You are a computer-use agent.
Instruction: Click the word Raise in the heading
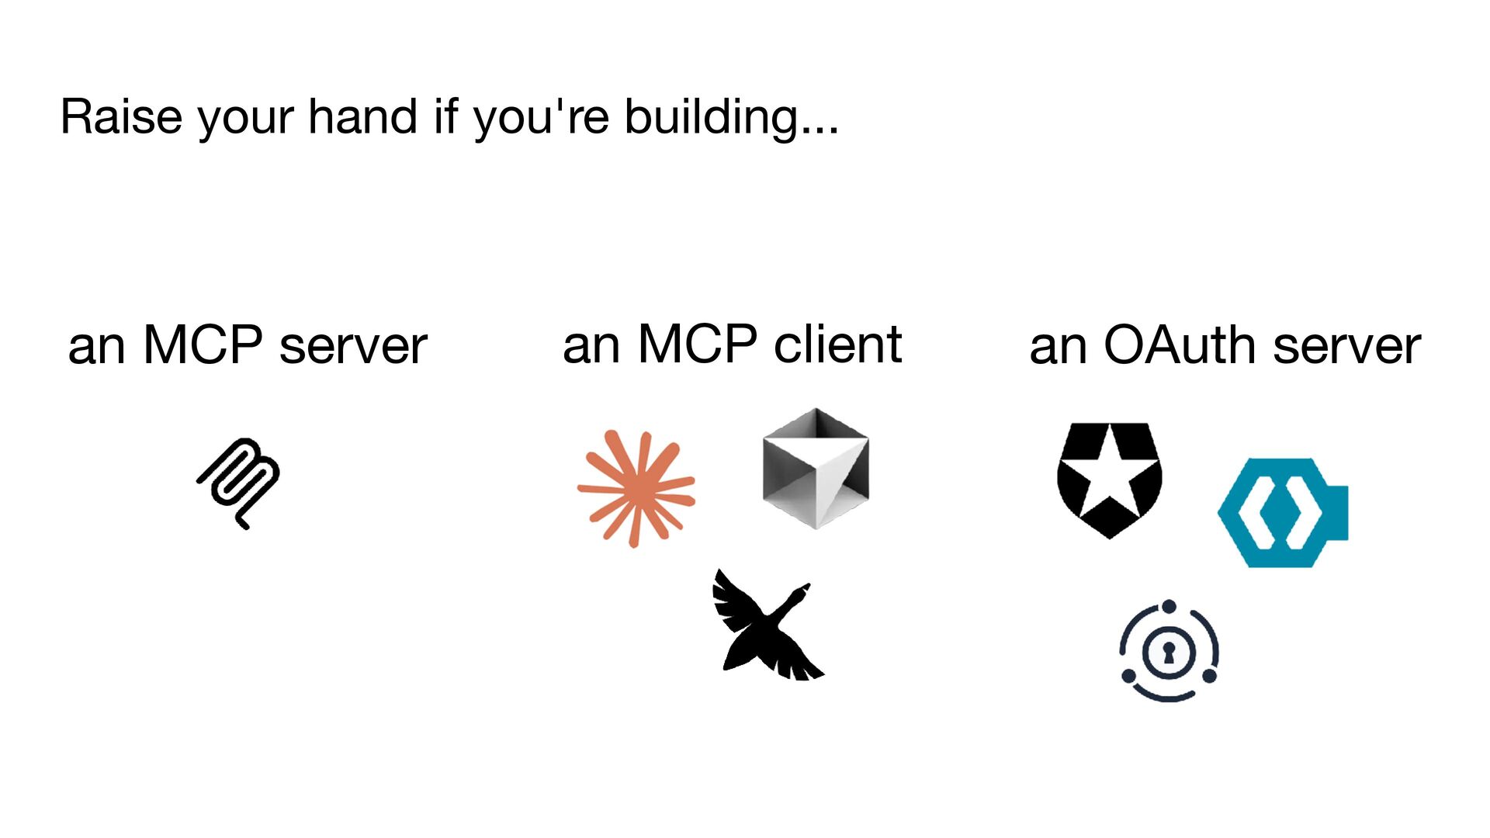pos(121,117)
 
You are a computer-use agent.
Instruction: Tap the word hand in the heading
pos(362,117)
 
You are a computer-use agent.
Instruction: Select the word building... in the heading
pos(731,117)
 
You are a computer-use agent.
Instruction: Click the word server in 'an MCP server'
pos(352,346)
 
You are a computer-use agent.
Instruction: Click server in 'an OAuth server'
pos(1346,346)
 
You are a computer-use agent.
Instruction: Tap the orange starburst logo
pos(636,489)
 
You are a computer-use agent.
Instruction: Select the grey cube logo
pos(816,469)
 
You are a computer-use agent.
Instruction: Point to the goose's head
pos(803,591)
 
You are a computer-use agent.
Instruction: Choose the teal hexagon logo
pos(1282,513)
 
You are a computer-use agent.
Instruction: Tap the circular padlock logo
pos(1169,651)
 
